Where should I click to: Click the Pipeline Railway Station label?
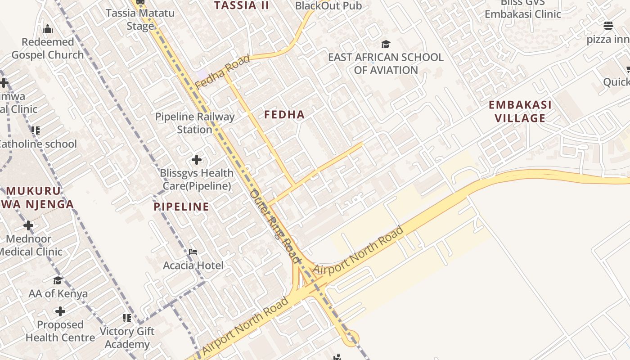coord(194,123)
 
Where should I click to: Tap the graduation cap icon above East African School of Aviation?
coord(386,44)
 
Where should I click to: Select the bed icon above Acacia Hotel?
coord(193,252)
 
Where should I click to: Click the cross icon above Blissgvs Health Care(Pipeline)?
coord(196,159)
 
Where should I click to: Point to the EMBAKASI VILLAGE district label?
coord(520,112)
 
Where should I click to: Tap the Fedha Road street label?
coord(222,72)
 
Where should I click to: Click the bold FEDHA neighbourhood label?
coord(284,115)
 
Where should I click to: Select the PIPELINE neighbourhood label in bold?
coord(181,207)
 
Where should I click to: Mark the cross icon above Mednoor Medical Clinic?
coord(28,225)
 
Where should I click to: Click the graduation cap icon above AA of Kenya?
coord(58,281)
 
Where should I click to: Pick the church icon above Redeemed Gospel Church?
coord(48,30)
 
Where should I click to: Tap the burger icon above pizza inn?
coord(608,26)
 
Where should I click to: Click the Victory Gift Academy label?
coord(127,337)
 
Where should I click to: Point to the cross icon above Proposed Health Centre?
coord(60,311)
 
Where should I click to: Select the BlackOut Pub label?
coord(328,6)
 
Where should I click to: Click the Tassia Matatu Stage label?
coord(140,19)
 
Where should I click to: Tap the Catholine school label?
coord(38,144)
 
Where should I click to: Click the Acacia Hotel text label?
coord(193,265)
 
